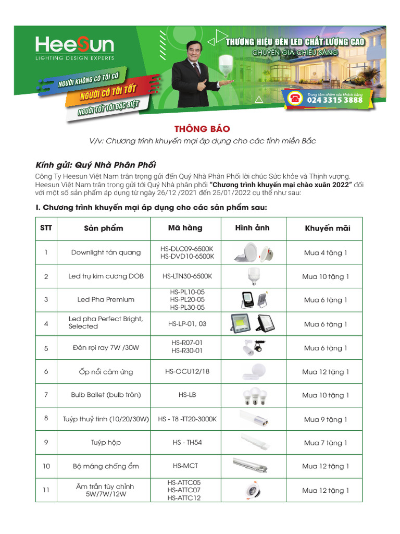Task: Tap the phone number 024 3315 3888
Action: click(335, 100)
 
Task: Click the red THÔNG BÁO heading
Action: click(202, 129)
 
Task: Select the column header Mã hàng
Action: click(185, 228)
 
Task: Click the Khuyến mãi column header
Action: click(328, 228)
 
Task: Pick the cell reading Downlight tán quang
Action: click(106, 252)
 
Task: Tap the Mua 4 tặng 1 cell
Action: click(326, 253)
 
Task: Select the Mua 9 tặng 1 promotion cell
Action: click(326, 419)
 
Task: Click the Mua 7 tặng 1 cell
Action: click(326, 443)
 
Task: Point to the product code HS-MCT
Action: click(185, 466)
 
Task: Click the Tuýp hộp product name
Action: click(106, 443)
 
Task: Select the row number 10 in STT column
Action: click(46, 466)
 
